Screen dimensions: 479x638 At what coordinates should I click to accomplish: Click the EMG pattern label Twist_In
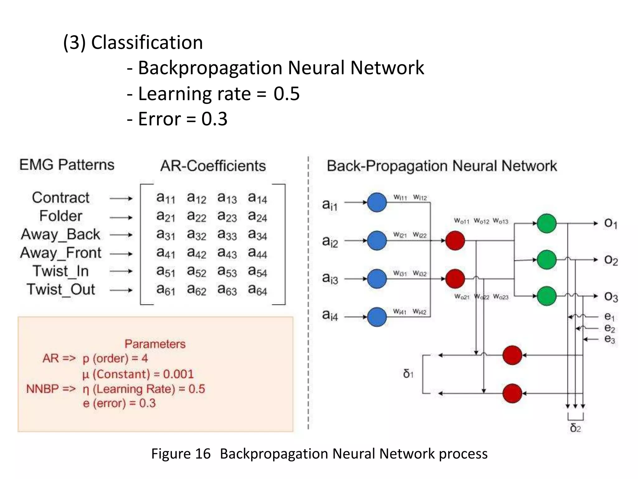[61, 271]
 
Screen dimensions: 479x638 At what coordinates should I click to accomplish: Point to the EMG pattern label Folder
[61, 216]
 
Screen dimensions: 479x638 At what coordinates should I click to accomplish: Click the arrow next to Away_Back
[121, 235]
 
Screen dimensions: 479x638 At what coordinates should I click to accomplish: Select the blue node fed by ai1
[377, 202]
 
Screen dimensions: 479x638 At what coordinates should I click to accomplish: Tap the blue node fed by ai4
[377, 317]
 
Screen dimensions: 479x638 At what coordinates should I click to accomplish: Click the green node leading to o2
[547, 259]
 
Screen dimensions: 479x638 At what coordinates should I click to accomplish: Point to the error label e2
[610, 328]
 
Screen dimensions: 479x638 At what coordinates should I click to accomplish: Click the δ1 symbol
[408, 374]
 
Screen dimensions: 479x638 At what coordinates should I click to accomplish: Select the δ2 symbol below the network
[575, 428]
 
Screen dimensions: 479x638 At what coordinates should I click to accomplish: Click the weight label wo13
[500, 221]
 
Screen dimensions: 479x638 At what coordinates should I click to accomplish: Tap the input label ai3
[330, 278]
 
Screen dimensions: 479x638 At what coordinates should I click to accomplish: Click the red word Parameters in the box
[155, 344]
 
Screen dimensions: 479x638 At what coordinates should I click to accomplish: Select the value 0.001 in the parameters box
[179, 374]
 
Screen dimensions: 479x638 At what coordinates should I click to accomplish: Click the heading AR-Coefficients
[213, 166]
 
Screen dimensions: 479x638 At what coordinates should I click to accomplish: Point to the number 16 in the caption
[203, 454]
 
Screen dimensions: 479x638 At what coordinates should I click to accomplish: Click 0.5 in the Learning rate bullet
[287, 94]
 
